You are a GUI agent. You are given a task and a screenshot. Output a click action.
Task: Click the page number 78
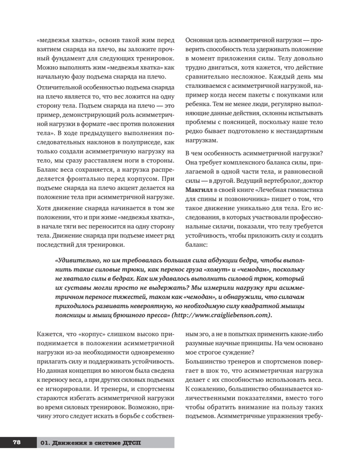point(17,442)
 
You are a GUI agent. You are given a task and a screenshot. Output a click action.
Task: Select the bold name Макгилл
point(198,189)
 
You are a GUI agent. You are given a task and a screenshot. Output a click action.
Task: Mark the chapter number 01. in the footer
point(45,443)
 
